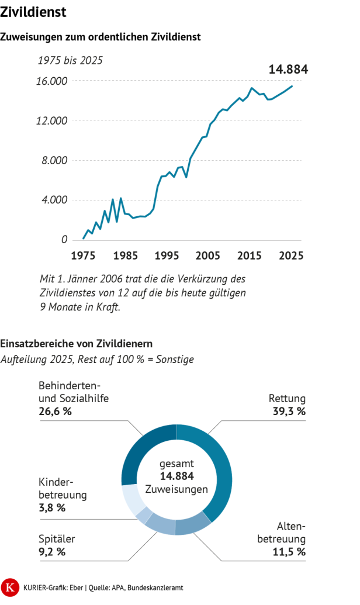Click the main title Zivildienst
tap(33, 12)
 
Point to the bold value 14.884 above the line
tap(288, 70)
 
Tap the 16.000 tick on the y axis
tap(52, 81)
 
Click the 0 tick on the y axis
tap(65, 240)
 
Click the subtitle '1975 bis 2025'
tap(70, 60)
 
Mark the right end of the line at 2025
tap(292, 87)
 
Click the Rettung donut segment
tap(220, 468)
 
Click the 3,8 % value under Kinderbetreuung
tap(52, 507)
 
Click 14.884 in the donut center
tap(176, 476)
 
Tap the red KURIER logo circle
tap(11, 586)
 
